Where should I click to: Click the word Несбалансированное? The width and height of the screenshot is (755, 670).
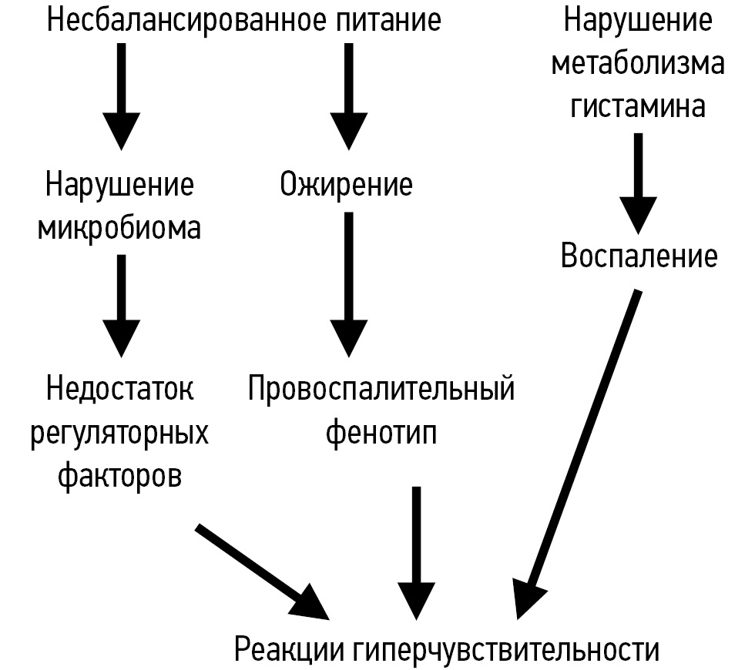tap(190, 20)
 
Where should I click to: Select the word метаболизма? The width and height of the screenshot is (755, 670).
tap(638, 63)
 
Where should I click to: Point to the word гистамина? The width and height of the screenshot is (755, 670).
tap(638, 106)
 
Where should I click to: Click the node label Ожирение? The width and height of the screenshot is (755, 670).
tap(346, 186)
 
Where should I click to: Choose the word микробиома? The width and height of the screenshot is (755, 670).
tap(119, 229)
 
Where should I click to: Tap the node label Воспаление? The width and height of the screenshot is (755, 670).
tap(639, 256)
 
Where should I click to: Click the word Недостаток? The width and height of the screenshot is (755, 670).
tap(120, 389)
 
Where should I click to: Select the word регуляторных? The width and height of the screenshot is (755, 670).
tap(119, 433)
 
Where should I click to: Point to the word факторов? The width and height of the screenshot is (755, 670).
tap(119, 475)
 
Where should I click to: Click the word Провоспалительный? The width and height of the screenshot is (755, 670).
tap(381, 389)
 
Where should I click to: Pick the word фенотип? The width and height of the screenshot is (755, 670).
tap(381, 433)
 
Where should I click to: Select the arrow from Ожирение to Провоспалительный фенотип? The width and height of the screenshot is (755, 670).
tap(348, 285)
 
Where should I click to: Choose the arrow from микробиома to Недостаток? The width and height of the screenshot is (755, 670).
tap(120, 304)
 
